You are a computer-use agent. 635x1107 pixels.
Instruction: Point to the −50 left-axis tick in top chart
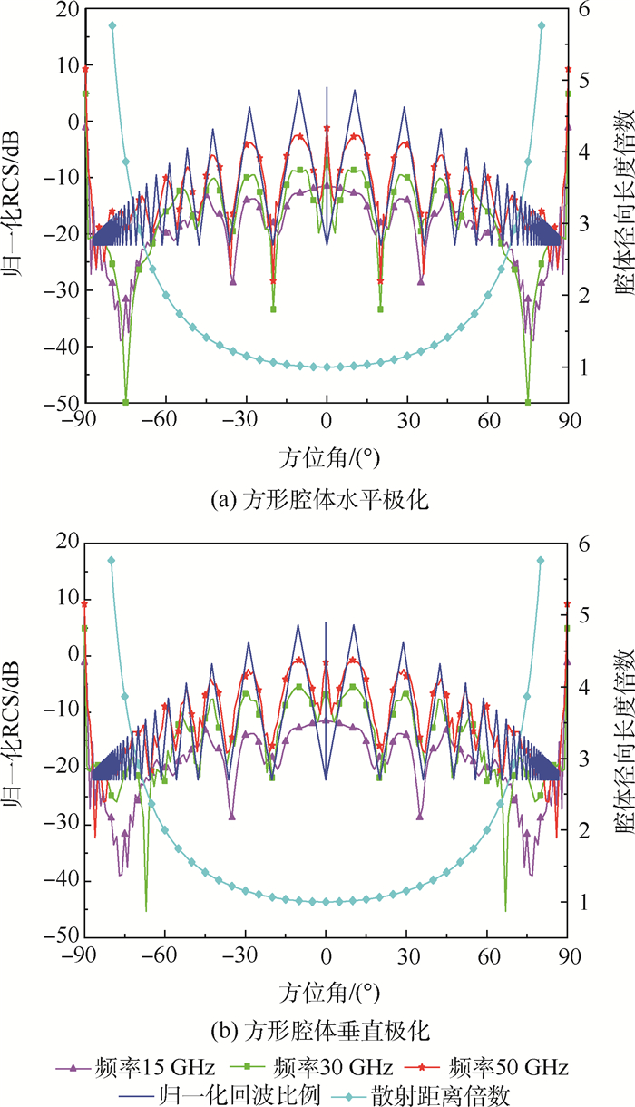coord(62,403)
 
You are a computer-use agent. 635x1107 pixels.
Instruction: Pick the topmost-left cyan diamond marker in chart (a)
coord(112,25)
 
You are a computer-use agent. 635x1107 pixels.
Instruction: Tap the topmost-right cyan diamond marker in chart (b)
coord(541,561)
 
